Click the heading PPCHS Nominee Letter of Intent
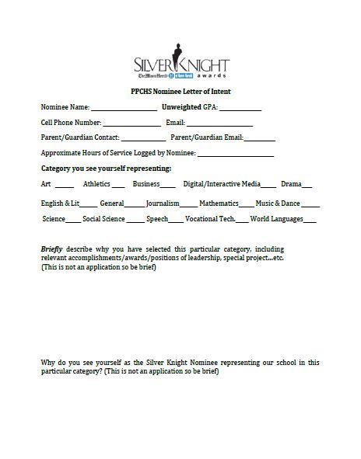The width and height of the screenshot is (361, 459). (180, 92)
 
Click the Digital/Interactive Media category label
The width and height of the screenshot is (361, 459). (222, 185)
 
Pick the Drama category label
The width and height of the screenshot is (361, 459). (291, 185)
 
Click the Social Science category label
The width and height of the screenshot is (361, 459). (103, 219)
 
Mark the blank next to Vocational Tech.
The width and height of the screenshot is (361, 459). (242, 221)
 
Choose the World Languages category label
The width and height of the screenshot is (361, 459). (275, 219)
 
